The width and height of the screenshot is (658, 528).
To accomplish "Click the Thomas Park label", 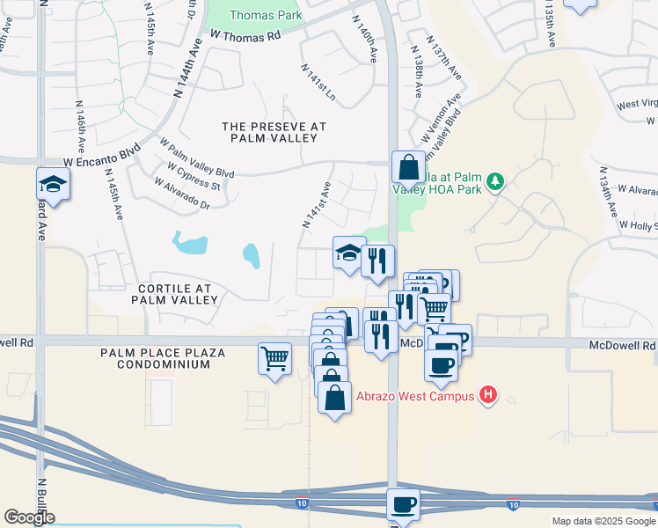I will pos(265,15).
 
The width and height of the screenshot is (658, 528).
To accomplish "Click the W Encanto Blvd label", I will pos(102,150).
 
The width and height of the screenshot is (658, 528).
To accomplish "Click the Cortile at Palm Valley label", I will pos(173,294).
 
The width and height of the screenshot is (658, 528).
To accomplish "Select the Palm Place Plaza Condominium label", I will pos(163,358).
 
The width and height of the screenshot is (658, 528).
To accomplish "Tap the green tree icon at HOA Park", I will pos(495,181).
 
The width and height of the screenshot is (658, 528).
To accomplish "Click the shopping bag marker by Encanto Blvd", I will pos(409,166).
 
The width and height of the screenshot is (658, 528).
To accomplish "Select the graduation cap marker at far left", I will pos(53,185).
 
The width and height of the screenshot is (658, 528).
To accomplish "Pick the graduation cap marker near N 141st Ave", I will pos(349,253).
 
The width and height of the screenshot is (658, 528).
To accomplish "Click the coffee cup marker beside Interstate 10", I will pos(403,505).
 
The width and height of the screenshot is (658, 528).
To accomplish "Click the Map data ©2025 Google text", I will pos(603,521).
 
